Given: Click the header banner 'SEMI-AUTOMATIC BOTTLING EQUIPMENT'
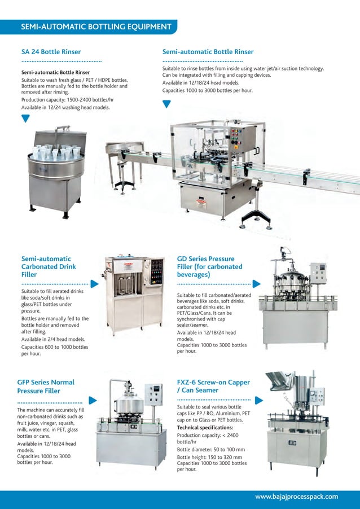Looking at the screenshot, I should click(96, 27).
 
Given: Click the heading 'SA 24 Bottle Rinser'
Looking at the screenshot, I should click(51, 52).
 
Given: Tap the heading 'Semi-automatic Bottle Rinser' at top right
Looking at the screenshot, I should click(208, 52).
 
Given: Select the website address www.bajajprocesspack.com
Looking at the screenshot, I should click(296, 497).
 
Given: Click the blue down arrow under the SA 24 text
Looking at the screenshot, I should click(25, 118).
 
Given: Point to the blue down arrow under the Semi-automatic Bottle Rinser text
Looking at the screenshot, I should click(166, 103).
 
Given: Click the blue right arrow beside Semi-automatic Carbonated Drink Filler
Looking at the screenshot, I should click(94, 284).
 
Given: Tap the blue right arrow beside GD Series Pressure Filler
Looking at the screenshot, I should click(256, 284).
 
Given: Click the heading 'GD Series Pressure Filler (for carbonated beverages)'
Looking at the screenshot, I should click(209, 266).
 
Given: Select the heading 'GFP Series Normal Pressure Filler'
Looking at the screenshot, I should click(46, 386).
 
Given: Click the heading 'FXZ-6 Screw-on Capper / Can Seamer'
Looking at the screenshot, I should click(213, 386).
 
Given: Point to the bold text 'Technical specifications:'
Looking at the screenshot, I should click(205, 428).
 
